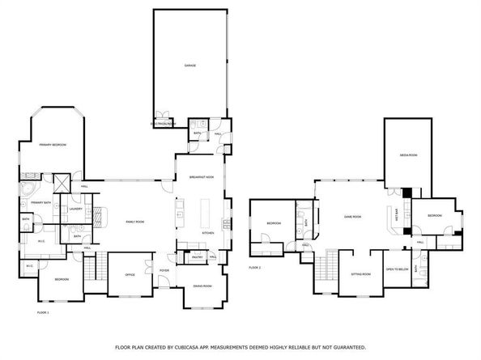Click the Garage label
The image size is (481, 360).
coord(189,66)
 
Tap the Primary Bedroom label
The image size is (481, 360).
coord(53,145)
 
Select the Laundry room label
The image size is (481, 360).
coord(76,209)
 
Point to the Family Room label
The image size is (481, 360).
coord(134,222)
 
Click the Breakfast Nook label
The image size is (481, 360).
coord(201,177)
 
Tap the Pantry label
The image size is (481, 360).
coord(197,256)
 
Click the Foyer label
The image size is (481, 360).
coord(164,271)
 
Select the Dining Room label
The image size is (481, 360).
coord(202,286)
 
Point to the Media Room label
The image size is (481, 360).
coord(408,155)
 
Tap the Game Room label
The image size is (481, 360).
coord(351,217)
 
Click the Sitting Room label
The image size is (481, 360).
coord(360,273)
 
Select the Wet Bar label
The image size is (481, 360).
coord(396,217)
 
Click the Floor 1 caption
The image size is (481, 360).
coord(44,311)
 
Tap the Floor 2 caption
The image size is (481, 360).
coord(255,267)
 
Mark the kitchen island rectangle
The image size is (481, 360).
coord(202,214)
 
